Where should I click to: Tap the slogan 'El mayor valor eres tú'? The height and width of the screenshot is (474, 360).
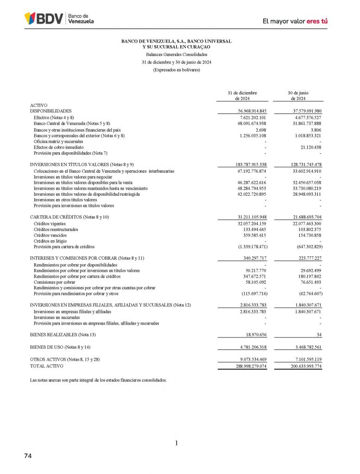click(295, 21)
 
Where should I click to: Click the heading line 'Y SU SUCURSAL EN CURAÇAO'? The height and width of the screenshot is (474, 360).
click(177, 47)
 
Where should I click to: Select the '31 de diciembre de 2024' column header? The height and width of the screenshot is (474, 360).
click(242, 95)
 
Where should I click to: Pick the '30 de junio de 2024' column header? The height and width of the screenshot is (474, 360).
click(298, 95)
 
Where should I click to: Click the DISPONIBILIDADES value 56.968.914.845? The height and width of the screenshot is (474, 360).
click(250, 111)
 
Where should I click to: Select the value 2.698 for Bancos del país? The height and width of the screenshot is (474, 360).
click(260, 130)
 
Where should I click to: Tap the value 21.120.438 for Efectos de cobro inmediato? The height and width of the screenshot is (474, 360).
click(308, 147)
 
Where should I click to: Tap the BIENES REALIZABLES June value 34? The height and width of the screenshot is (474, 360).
click(319, 334)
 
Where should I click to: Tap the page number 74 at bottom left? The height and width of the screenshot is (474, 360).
click(28, 456)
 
